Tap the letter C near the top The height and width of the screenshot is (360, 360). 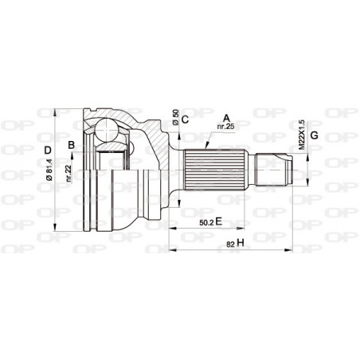184,120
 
